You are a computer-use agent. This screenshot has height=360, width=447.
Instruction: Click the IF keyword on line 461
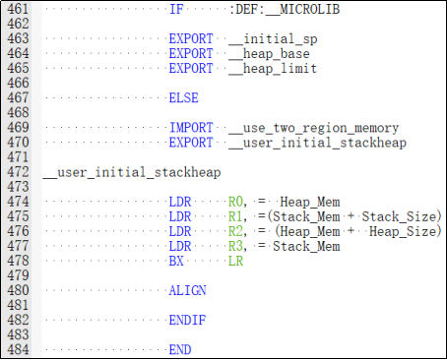pyautogui.click(x=176, y=9)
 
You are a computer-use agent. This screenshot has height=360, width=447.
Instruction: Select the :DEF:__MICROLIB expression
pyautogui.click(x=285, y=9)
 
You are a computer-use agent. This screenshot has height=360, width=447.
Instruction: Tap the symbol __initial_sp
pyautogui.click(x=273, y=39)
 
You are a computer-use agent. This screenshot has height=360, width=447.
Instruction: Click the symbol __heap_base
pyautogui.click(x=269, y=54)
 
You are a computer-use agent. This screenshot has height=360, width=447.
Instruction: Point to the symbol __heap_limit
pyautogui.click(x=273, y=69)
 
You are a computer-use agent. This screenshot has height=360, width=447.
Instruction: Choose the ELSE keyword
pyautogui.click(x=184, y=97)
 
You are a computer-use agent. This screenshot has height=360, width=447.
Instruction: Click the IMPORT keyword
pyautogui.click(x=191, y=128)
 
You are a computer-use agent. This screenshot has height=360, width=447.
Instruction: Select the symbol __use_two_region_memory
pyautogui.click(x=314, y=128)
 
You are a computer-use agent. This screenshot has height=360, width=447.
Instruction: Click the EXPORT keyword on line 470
pyautogui.click(x=191, y=143)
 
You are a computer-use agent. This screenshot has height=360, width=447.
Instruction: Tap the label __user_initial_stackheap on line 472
pyautogui.click(x=132, y=172)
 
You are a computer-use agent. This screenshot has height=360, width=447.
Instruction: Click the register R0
pyautogui.click(x=236, y=202)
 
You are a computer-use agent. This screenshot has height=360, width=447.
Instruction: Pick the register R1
pyautogui.click(x=236, y=216)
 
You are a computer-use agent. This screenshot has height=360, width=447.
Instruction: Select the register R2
pyautogui.click(x=236, y=231)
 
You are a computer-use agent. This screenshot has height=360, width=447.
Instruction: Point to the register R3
pyautogui.click(x=236, y=246)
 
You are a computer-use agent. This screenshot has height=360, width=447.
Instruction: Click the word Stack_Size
pyautogui.click(x=399, y=216)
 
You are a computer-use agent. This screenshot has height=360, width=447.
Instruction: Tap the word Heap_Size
pyautogui.click(x=403, y=231)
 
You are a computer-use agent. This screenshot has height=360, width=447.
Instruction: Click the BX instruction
pyautogui.click(x=176, y=261)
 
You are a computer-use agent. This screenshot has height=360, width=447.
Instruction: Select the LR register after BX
pyautogui.click(x=235, y=261)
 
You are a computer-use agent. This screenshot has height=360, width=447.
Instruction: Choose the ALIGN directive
pyautogui.click(x=187, y=290)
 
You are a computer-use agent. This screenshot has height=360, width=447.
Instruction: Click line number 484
pyautogui.click(x=18, y=349)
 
